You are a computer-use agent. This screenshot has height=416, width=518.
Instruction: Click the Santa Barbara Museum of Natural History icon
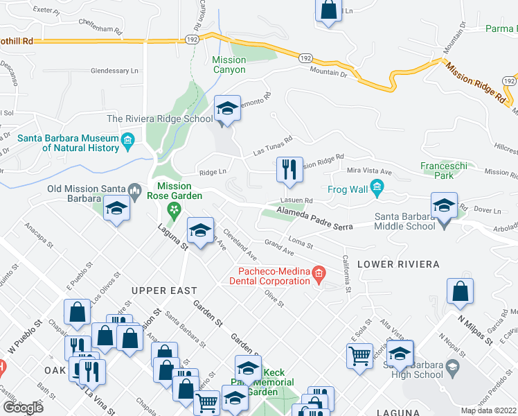coord(127,143)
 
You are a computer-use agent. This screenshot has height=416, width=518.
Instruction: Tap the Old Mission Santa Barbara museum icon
coord(136,189)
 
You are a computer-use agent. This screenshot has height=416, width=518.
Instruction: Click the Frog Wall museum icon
coord(377,187)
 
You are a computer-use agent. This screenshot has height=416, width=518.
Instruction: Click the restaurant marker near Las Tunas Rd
coord(289,170)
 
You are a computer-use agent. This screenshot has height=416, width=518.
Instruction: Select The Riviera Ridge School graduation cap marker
coord(227,109)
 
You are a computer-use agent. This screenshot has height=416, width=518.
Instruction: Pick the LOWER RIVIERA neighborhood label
coord(398,265)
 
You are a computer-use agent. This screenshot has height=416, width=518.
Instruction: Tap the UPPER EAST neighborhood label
coord(164,291)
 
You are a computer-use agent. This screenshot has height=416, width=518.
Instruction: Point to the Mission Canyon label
coord(229,65)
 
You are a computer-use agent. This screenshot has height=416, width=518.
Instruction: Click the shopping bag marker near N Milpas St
coord(460,293)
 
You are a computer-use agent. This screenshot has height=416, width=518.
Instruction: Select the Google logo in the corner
coord(23,407)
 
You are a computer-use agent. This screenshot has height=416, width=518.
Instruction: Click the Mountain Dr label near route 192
coord(328,71)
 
